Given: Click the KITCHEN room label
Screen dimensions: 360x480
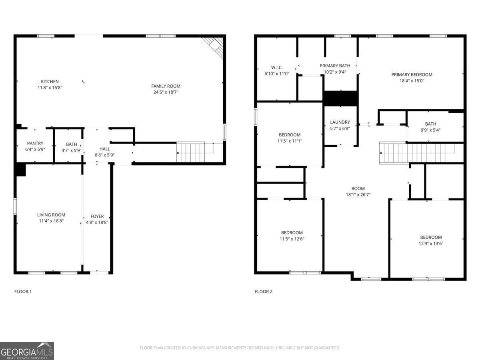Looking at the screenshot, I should tap(50, 82).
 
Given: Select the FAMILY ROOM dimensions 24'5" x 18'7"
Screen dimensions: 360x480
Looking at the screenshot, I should tap(166, 92).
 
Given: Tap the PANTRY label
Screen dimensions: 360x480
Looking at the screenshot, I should tap(35, 144).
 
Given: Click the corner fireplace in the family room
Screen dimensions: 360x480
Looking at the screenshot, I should tap(214, 46).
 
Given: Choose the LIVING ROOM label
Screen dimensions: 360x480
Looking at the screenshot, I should tap(51, 215).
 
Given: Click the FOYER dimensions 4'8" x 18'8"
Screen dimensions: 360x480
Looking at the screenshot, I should tap(97, 222).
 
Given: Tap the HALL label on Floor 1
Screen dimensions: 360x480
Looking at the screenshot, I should tap(105, 149).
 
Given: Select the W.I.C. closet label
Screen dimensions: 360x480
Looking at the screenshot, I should tap(276, 68).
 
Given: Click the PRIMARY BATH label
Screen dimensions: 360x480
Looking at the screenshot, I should tap(335, 66).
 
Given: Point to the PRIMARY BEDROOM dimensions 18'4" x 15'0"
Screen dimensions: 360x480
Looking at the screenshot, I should tap(412, 80).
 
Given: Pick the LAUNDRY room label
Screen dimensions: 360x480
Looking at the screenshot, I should tap(340, 122).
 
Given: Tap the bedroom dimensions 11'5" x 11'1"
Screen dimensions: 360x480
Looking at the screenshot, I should tap(290, 141).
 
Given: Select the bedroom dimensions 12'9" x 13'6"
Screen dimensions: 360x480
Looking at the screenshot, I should tap(431, 243).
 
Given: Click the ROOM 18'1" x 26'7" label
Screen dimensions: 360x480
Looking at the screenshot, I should tap(358, 192).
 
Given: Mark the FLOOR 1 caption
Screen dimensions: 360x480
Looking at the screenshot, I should tap(23, 292).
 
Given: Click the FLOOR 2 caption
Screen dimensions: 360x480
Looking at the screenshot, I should tap(264, 292).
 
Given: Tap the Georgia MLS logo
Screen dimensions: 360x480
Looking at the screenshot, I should tap(27, 351).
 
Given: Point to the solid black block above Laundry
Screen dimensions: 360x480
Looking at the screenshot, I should tap(340, 98).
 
